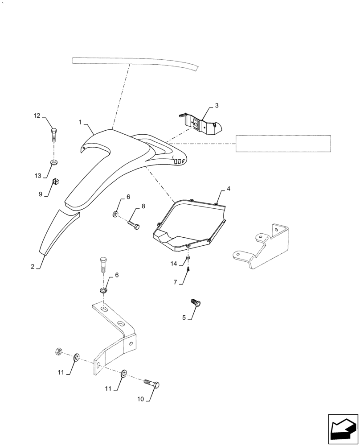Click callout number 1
click(x=80, y=122)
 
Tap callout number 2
click(x=33, y=267)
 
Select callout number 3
click(x=217, y=106)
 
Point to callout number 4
click(x=228, y=189)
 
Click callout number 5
click(x=184, y=318)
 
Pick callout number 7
click(x=176, y=282)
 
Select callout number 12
click(x=37, y=116)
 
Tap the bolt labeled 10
click(x=152, y=384)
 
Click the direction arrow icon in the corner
click(x=343, y=429)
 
